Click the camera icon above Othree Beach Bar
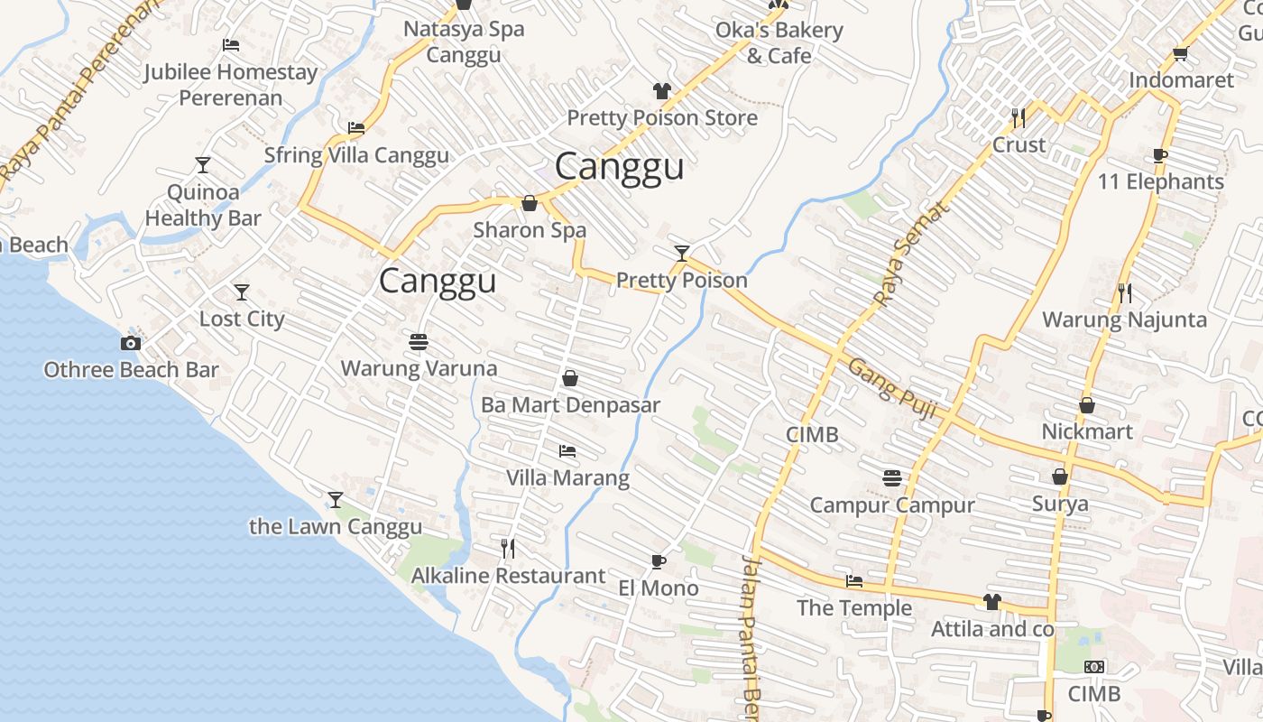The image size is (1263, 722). pos(131,343)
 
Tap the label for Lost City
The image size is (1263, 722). pos(242,319)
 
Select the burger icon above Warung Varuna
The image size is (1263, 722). pos(419,342)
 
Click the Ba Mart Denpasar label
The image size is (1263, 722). pos(570,405)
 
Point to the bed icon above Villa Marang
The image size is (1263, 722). pos(567,450)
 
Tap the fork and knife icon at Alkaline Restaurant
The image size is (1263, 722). pos(508,548)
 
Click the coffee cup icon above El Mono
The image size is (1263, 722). pos(659,562)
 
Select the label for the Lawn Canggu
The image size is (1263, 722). pos(336,526)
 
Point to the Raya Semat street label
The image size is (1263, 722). pos(912,254)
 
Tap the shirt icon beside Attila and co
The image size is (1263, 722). pos(992,602)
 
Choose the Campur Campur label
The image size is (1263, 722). pos(892,504)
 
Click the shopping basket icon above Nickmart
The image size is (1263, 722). pos(1087,406)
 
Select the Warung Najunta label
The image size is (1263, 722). pos(1124,319)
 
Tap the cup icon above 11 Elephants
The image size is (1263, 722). pos(1160,155)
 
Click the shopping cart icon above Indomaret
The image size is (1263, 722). pos(1180,54)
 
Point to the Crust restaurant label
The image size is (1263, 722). pos(1019,144)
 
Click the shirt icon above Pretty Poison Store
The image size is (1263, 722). pos(662,91)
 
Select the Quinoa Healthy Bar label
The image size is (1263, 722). pos(203,205)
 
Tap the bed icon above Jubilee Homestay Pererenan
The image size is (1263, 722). pos(231,45)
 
